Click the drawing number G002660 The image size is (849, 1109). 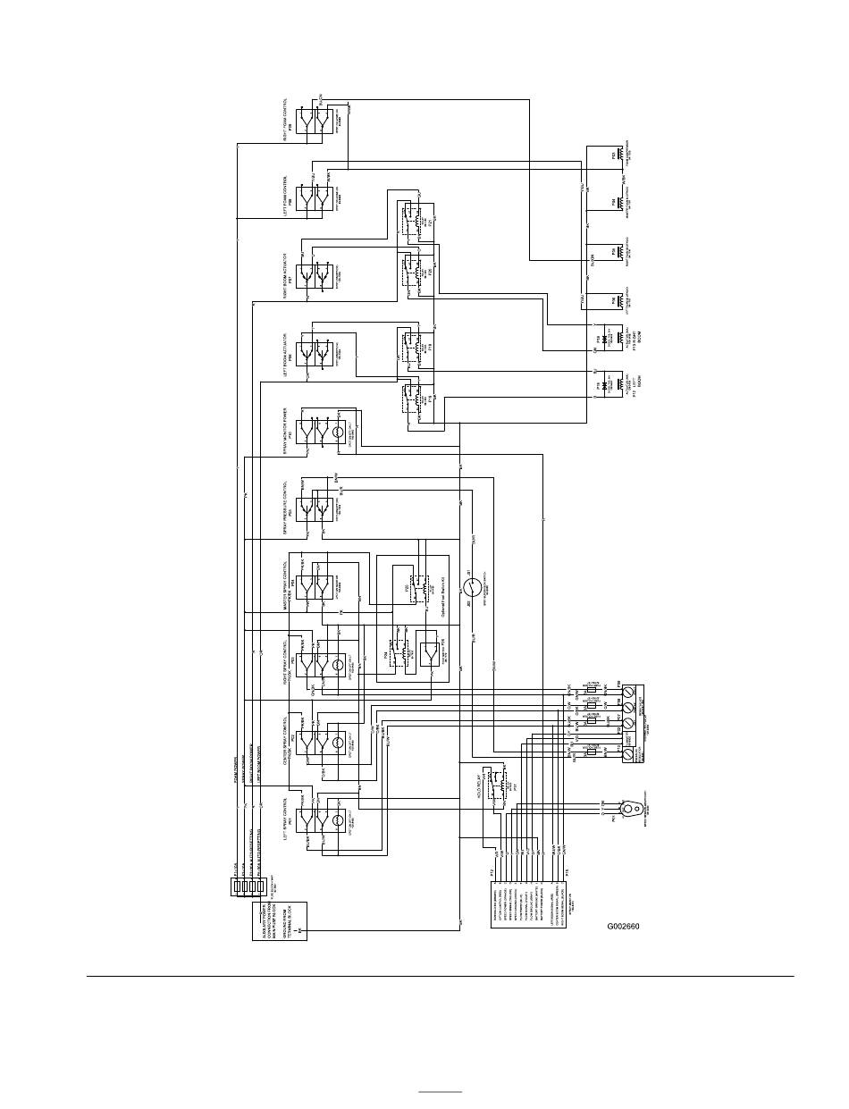[x=623, y=926]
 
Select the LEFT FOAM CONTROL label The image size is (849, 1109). [x=286, y=195]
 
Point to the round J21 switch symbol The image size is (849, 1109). [x=473, y=587]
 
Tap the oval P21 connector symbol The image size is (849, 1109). [x=630, y=810]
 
